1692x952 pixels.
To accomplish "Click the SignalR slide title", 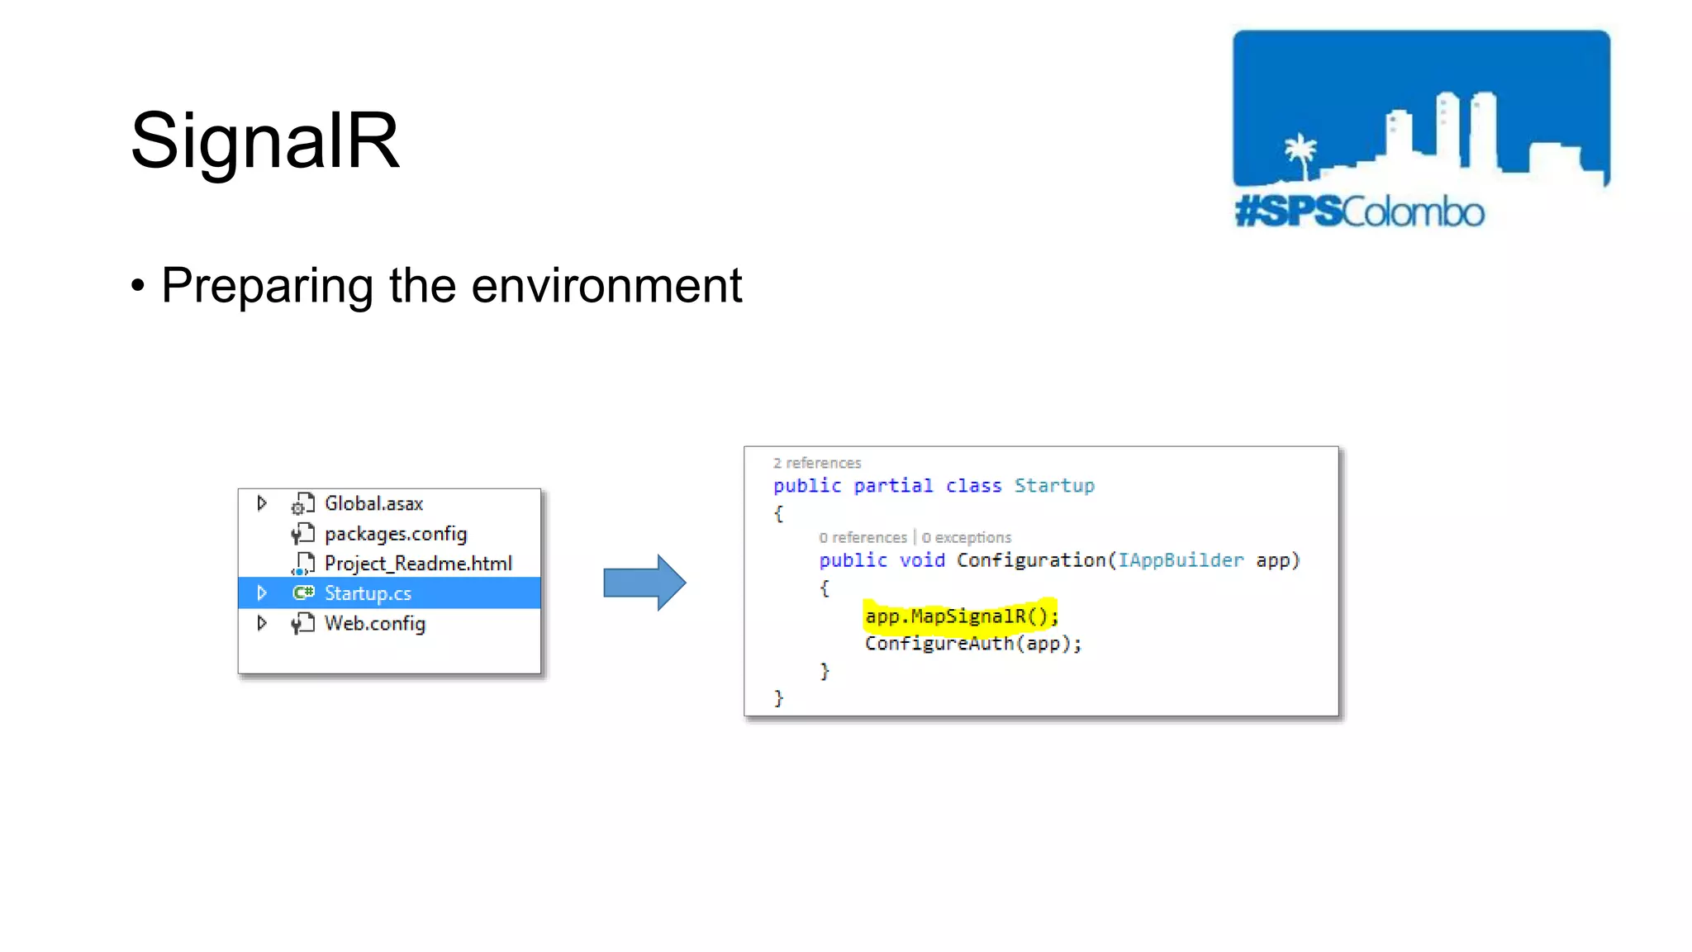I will (x=264, y=140).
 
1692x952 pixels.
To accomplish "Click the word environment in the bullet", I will (x=606, y=286).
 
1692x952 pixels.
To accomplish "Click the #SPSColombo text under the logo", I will (x=1359, y=212).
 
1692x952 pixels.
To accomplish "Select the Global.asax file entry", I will (x=373, y=503).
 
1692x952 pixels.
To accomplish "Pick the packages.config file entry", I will (x=395, y=534).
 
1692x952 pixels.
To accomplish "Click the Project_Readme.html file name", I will (x=418, y=564).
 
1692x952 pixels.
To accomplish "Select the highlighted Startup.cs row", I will (x=388, y=593).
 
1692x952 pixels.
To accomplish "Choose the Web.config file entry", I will (x=374, y=623).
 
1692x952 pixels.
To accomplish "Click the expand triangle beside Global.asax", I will (x=262, y=503).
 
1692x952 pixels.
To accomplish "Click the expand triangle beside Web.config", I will (x=262, y=623).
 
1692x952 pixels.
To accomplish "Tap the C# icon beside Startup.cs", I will (x=303, y=593).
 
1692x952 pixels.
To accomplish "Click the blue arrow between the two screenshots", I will (x=644, y=583).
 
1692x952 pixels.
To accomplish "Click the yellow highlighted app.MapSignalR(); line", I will (x=961, y=616).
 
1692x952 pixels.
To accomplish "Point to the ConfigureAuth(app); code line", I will (x=972, y=644).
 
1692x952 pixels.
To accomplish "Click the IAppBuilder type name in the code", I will (x=1180, y=560).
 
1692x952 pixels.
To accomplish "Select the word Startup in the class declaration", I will (x=1054, y=486).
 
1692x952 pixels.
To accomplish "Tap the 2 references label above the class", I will (x=817, y=463).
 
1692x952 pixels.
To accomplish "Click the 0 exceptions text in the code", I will (x=966, y=538).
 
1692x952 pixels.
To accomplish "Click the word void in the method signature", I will (x=922, y=560).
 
